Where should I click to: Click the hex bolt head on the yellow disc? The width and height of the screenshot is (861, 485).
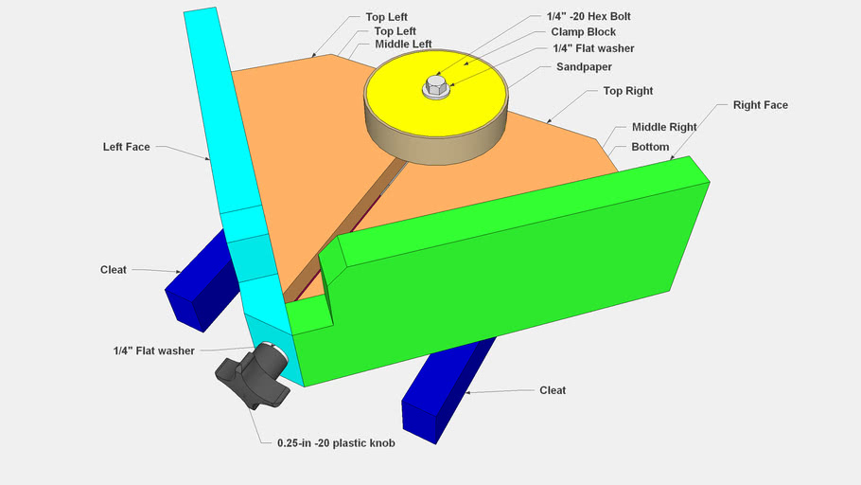pos(436,88)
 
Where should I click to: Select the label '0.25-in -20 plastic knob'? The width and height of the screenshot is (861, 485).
pos(336,442)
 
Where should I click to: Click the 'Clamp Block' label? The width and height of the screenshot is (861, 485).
pos(583,31)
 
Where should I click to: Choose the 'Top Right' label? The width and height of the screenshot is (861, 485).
pos(628,91)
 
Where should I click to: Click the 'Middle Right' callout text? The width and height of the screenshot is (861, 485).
pos(663,127)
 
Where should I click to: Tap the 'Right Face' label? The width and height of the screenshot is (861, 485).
pos(760,105)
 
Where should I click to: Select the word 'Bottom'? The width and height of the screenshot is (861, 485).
pos(650,147)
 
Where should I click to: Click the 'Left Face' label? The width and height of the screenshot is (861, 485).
pos(127,147)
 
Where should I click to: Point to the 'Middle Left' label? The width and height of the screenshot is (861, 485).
pos(403,45)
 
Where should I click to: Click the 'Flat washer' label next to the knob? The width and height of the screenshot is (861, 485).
pos(153,350)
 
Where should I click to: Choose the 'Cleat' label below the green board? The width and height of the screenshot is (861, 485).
pos(553,390)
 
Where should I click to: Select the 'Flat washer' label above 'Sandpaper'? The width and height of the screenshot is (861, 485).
pos(593,48)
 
